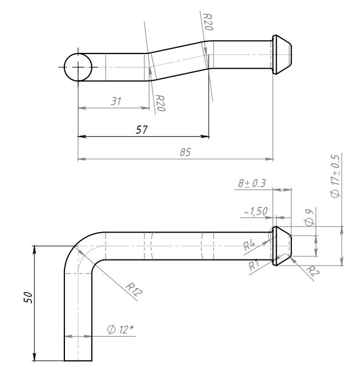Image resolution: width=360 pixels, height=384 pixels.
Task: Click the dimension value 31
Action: (x=116, y=101)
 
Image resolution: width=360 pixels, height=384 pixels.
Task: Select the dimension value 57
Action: (x=141, y=129)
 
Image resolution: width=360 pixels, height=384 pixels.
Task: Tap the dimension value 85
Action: (x=185, y=153)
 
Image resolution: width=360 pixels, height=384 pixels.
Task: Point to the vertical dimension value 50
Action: (x=29, y=298)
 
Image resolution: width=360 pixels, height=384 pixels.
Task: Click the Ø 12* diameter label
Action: (x=120, y=329)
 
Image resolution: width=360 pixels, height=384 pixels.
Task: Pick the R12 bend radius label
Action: (x=134, y=290)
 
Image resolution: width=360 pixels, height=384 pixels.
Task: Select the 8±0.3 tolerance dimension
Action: (x=252, y=183)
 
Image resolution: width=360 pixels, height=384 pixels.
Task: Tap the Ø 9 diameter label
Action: (x=309, y=218)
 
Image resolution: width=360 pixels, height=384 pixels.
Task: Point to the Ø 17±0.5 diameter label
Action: (x=335, y=176)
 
